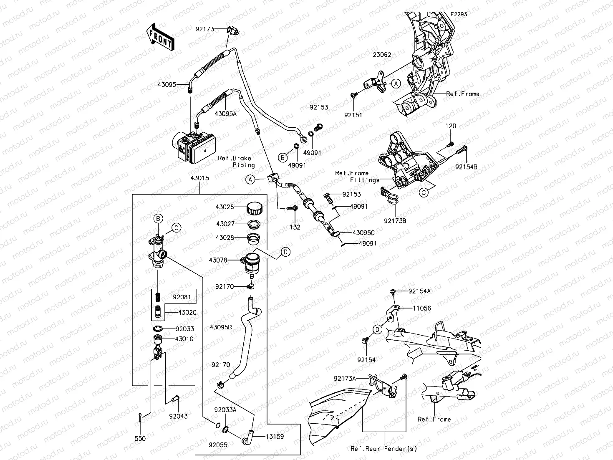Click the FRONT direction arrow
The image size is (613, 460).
[160, 37]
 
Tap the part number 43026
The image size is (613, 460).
[225, 207]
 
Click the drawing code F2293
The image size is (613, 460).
[459, 14]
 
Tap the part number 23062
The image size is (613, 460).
[382, 55]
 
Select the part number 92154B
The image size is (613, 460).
[466, 167]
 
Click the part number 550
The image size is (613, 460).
[140, 439]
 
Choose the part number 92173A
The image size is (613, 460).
[345, 379]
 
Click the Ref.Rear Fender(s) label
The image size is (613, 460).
[384, 449]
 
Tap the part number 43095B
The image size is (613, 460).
[221, 327]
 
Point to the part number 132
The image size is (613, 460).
[295, 227]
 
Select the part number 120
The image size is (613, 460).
[451, 126]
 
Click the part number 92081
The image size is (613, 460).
[182, 297]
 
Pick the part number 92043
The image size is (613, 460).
[178, 416]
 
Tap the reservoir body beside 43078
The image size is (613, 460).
[252, 263]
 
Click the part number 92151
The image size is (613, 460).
[353, 115]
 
